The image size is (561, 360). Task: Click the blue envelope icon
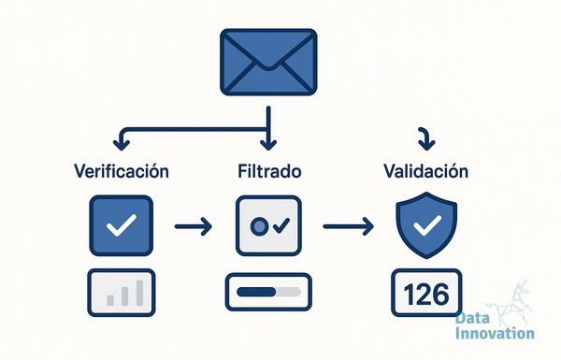(x=268, y=63)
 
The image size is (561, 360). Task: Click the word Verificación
(x=122, y=171)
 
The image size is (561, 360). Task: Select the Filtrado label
(x=269, y=171)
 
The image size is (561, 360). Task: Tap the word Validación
(x=425, y=171)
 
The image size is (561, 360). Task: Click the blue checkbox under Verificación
(x=122, y=225)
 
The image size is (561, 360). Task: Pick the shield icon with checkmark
(x=426, y=225)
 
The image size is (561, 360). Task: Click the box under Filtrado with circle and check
(x=268, y=225)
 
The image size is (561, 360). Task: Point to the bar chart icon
(x=122, y=293)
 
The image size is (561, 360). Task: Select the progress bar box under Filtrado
(x=268, y=292)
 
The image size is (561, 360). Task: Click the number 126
(x=425, y=295)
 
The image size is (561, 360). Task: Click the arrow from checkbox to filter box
(x=194, y=226)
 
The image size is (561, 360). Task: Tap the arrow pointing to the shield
(x=349, y=226)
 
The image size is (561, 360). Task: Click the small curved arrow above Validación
(x=426, y=138)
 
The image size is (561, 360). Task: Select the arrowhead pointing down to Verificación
(x=122, y=145)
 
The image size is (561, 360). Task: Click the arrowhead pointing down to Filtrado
(x=268, y=145)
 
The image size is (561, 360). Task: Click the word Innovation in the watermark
(x=496, y=333)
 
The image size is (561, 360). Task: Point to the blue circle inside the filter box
(x=259, y=225)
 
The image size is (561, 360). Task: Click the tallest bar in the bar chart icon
(x=139, y=293)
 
